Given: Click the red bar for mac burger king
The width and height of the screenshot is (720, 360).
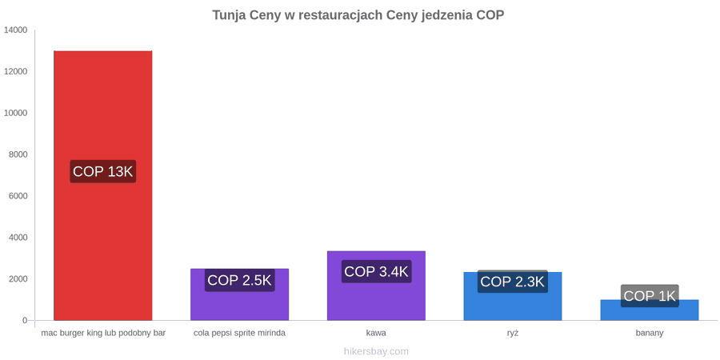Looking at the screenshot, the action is click(x=103, y=186).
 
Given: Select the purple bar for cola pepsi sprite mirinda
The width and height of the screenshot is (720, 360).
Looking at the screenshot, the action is click(x=240, y=294).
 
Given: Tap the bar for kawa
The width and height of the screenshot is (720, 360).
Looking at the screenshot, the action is click(x=376, y=286).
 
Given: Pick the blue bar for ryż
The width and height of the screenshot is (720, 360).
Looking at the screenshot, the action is click(x=513, y=296).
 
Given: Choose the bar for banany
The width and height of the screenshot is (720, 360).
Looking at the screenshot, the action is click(x=650, y=310).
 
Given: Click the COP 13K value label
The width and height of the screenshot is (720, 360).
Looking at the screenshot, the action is click(x=103, y=171).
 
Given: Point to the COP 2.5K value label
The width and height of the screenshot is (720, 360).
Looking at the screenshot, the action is click(x=240, y=280).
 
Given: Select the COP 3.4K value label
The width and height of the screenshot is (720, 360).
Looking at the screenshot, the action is click(x=376, y=271).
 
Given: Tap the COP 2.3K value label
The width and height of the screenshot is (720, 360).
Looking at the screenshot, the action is click(x=513, y=282).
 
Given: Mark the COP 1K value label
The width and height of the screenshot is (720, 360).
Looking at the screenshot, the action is click(x=650, y=296).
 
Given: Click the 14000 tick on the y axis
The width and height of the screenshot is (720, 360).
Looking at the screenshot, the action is click(x=16, y=30).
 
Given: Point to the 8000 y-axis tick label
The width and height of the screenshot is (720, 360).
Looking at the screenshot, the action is click(x=18, y=154).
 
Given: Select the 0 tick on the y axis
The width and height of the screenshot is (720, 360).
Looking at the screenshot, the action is click(x=25, y=321).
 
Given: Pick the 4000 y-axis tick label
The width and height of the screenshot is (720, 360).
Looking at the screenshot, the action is click(x=18, y=238).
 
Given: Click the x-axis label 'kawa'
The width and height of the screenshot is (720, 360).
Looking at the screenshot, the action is click(x=376, y=333).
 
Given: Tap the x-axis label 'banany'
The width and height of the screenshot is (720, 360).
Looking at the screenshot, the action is click(x=650, y=333).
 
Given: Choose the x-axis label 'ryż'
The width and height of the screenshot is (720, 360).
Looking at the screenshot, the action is click(x=513, y=333).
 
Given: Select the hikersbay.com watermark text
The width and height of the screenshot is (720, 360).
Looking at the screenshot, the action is click(x=376, y=351).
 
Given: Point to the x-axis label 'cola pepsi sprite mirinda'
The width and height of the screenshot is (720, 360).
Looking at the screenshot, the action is click(x=240, y=333).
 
